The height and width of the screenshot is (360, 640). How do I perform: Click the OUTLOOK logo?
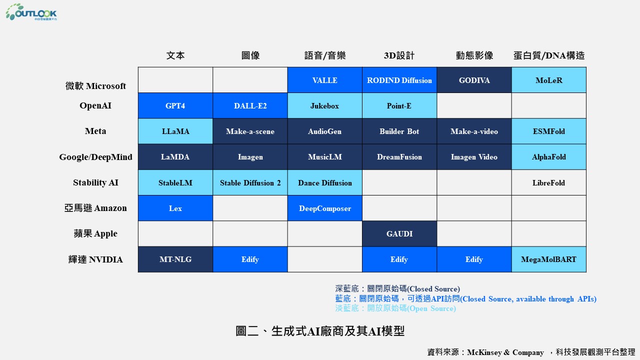tap(31, 12)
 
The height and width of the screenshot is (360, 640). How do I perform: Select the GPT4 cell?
tap(175, 105)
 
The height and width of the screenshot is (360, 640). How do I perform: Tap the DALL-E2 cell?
tap(250, 105)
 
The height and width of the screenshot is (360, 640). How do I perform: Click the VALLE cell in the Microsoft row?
tap(325, 80)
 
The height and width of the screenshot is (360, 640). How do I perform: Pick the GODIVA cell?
tap(474, 80)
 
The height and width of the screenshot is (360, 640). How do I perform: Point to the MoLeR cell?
tap(549, 80)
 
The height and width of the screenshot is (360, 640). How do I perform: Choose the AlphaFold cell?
tap(549, 157)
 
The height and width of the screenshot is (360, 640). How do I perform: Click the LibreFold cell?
tap(549, 182)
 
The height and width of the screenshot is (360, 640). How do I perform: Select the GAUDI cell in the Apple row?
tap(399, 233)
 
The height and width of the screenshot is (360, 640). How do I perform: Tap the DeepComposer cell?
tap(325, 208)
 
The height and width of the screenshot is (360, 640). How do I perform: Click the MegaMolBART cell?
tap(549, 259)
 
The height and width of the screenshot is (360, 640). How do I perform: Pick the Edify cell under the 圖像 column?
tap(250, 259)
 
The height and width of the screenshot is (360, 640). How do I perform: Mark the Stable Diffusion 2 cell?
tap(250, 182)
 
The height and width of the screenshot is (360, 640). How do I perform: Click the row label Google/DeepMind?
tap(95, 157)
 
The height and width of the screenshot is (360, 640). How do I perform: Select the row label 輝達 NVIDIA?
tap(95, 259)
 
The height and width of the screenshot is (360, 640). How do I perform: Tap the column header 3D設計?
tap(399, 55)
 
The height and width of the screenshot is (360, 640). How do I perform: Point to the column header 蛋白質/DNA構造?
tap(549, 55)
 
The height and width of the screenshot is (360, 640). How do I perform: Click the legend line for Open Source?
tap(395, 308)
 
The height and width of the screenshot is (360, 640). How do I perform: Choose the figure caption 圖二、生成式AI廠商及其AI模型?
tap(320, 331)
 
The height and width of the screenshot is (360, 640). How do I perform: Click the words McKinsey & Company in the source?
tap(505, 352)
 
